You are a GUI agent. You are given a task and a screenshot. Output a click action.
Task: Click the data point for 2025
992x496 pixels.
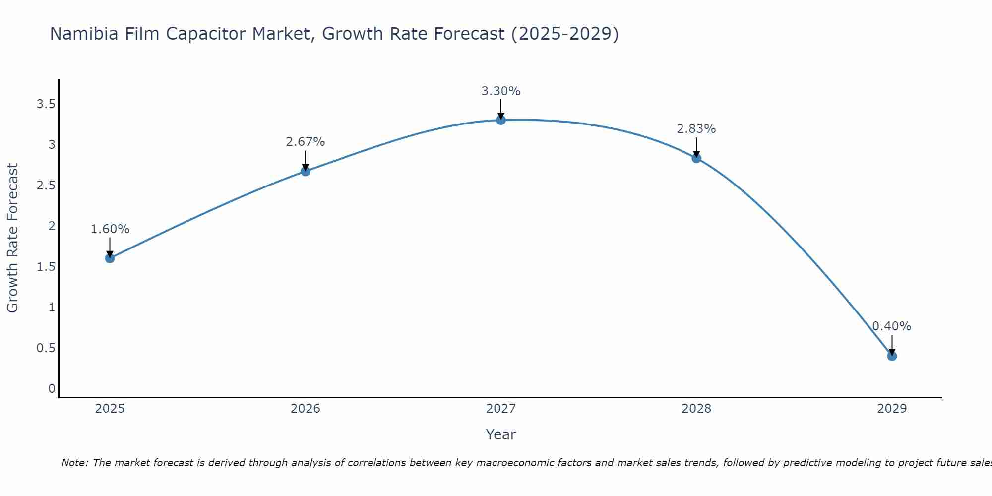(x=110, y=258)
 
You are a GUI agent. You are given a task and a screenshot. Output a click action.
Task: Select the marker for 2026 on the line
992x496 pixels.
(x=305, y=171)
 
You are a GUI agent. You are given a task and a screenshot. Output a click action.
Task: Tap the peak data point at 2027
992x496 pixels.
(x=500, y=120)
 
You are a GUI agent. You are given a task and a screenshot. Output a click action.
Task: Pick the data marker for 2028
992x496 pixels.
(x=696, y=158)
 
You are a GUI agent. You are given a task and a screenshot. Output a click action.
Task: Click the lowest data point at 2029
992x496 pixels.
(x=891, y=356)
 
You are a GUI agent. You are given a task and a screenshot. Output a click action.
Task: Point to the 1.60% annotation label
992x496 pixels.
(x=110, y=229)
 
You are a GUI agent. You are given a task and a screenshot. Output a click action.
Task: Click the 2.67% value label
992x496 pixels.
(x=305, y=142)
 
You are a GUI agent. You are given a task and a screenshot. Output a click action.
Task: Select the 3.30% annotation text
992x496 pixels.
(x=500, y=91)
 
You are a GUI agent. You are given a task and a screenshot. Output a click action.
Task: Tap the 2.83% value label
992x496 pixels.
(x=696, y=129)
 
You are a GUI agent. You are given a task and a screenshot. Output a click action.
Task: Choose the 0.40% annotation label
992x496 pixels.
(x=891, y=326)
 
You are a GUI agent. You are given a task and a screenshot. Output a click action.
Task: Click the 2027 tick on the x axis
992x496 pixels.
(x=500, y=409)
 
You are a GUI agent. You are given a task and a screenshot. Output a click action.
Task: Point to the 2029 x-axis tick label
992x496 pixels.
(x=891, y=409)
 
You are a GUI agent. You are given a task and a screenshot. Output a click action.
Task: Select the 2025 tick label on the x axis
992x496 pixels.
(x=110, y=409)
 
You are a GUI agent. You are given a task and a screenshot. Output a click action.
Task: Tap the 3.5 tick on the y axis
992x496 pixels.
(x=46, y=104)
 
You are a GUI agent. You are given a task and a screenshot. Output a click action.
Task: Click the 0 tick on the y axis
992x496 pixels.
(x=52, y=388)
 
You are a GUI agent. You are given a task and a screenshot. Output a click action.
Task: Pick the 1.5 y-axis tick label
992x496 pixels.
(x=46, y=267)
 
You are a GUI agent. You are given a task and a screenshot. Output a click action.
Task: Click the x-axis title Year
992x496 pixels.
(x=500, y=434)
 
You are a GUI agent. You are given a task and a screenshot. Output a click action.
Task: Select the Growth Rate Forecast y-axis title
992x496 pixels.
(x=12, y=238)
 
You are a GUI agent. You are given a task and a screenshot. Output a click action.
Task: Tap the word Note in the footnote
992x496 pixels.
(x=74, y=463)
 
